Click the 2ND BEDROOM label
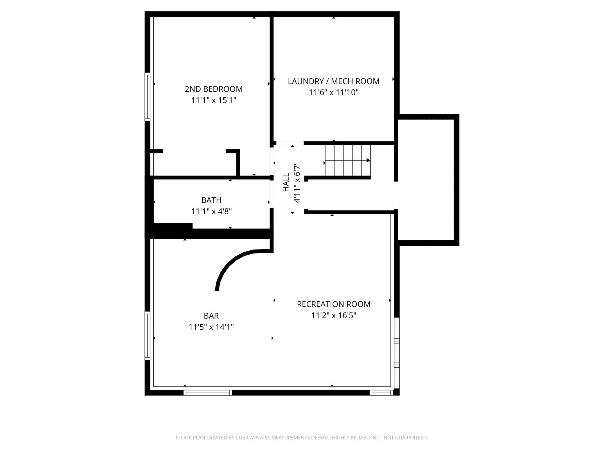(x=213, y=89)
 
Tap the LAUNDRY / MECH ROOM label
(x=333, y=81)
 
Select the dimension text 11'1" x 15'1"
(x=213, y=100)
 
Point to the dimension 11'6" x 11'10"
(x=333, y=92)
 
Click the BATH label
(x=211, y=200)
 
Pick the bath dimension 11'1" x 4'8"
(x=211, y=211)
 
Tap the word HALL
(x=286, y=182)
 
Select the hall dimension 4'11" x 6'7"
(x=297, y=182)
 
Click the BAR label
(x=211, y=316)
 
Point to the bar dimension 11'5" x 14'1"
(x=211, y=327)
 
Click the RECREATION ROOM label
(x=333, y=304)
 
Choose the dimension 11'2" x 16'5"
(x=333, y=315)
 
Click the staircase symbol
(x=347, y=160)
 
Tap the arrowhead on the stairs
(x=368, y=160)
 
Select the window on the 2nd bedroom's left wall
(x=148, y=97)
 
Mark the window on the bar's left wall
(x=148, y=336)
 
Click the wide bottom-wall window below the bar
(x=208, y=393)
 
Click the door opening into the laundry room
(x=290, y=143)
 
